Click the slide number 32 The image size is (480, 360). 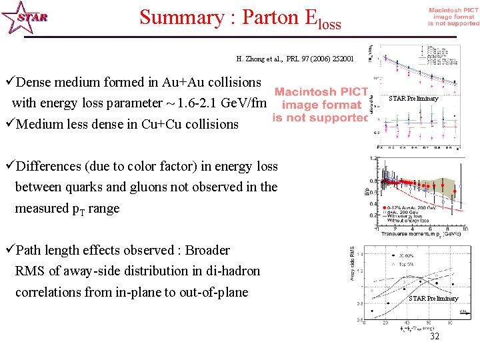435,337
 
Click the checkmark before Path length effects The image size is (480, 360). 9,251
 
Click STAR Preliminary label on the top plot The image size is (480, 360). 413,99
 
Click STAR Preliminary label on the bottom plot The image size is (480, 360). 433,298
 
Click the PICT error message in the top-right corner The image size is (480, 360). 453,17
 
